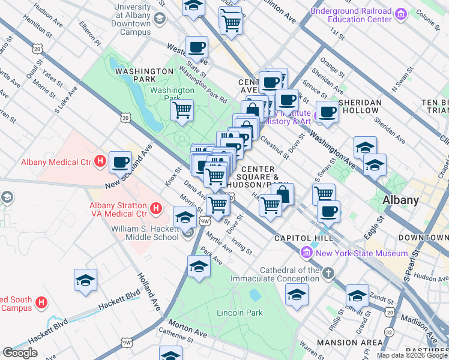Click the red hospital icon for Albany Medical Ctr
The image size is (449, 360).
pyautogui.click(x=100, y=161)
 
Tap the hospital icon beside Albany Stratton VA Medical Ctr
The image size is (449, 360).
pyautogui.click(x=156, y=209)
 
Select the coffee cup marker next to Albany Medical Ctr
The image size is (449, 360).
pyautogui.click(x=121, y=162)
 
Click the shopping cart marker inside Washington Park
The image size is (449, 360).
pyautogui.click(x=182, y=110)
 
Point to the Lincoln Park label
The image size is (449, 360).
pyautogui.click(x=240, y=313)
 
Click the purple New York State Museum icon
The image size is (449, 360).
pyautogui.click(x=307, y=253)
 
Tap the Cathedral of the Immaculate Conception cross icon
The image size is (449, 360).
pyautogui.click(x=328, y=274)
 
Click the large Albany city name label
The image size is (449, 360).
pyautogui.click(x=402, y=200)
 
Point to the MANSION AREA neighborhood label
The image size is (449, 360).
pyautogui.click(x=349, y=343)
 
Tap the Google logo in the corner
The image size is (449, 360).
pyautogui.click(x=20, y=353)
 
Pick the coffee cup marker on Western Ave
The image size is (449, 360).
pyautogui.click(x=196, y=47)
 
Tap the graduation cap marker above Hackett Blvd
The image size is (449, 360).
pyautogui.click(x=86, y=280)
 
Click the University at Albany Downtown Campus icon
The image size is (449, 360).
pyautogui.click(x=159, y=18)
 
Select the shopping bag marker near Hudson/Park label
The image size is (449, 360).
pyautogui.click(x=282, y=194)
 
